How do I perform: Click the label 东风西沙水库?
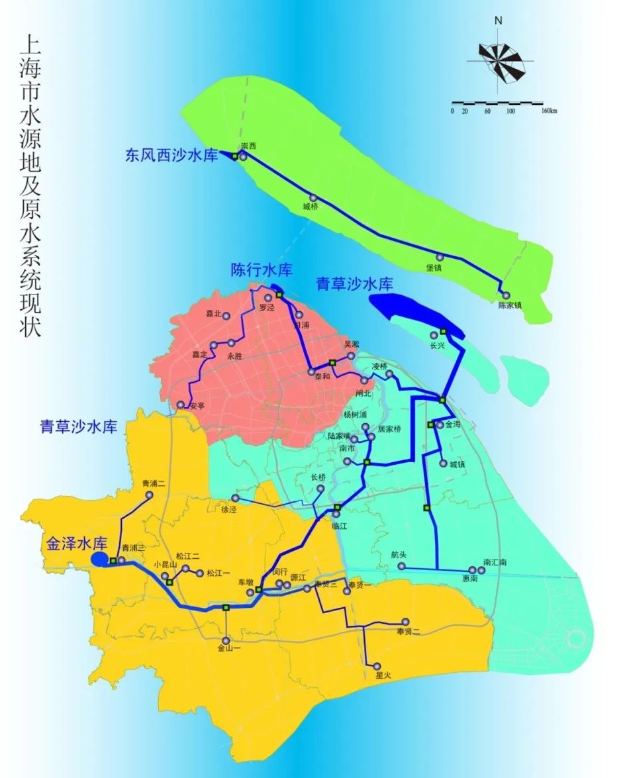coord(171,156)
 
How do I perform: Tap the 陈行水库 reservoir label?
coord(262,270)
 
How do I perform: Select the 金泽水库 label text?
coord(77,544)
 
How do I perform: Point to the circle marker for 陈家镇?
coord(506,295)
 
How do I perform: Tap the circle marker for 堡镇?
coord(439,257)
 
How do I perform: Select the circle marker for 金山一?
coord(226,641)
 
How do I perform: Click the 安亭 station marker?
coord(180,405)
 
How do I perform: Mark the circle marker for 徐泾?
coord(235,498)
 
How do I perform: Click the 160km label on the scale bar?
coord(549,111)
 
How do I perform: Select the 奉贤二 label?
coord(405,632)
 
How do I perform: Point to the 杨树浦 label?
coord(355,414)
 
